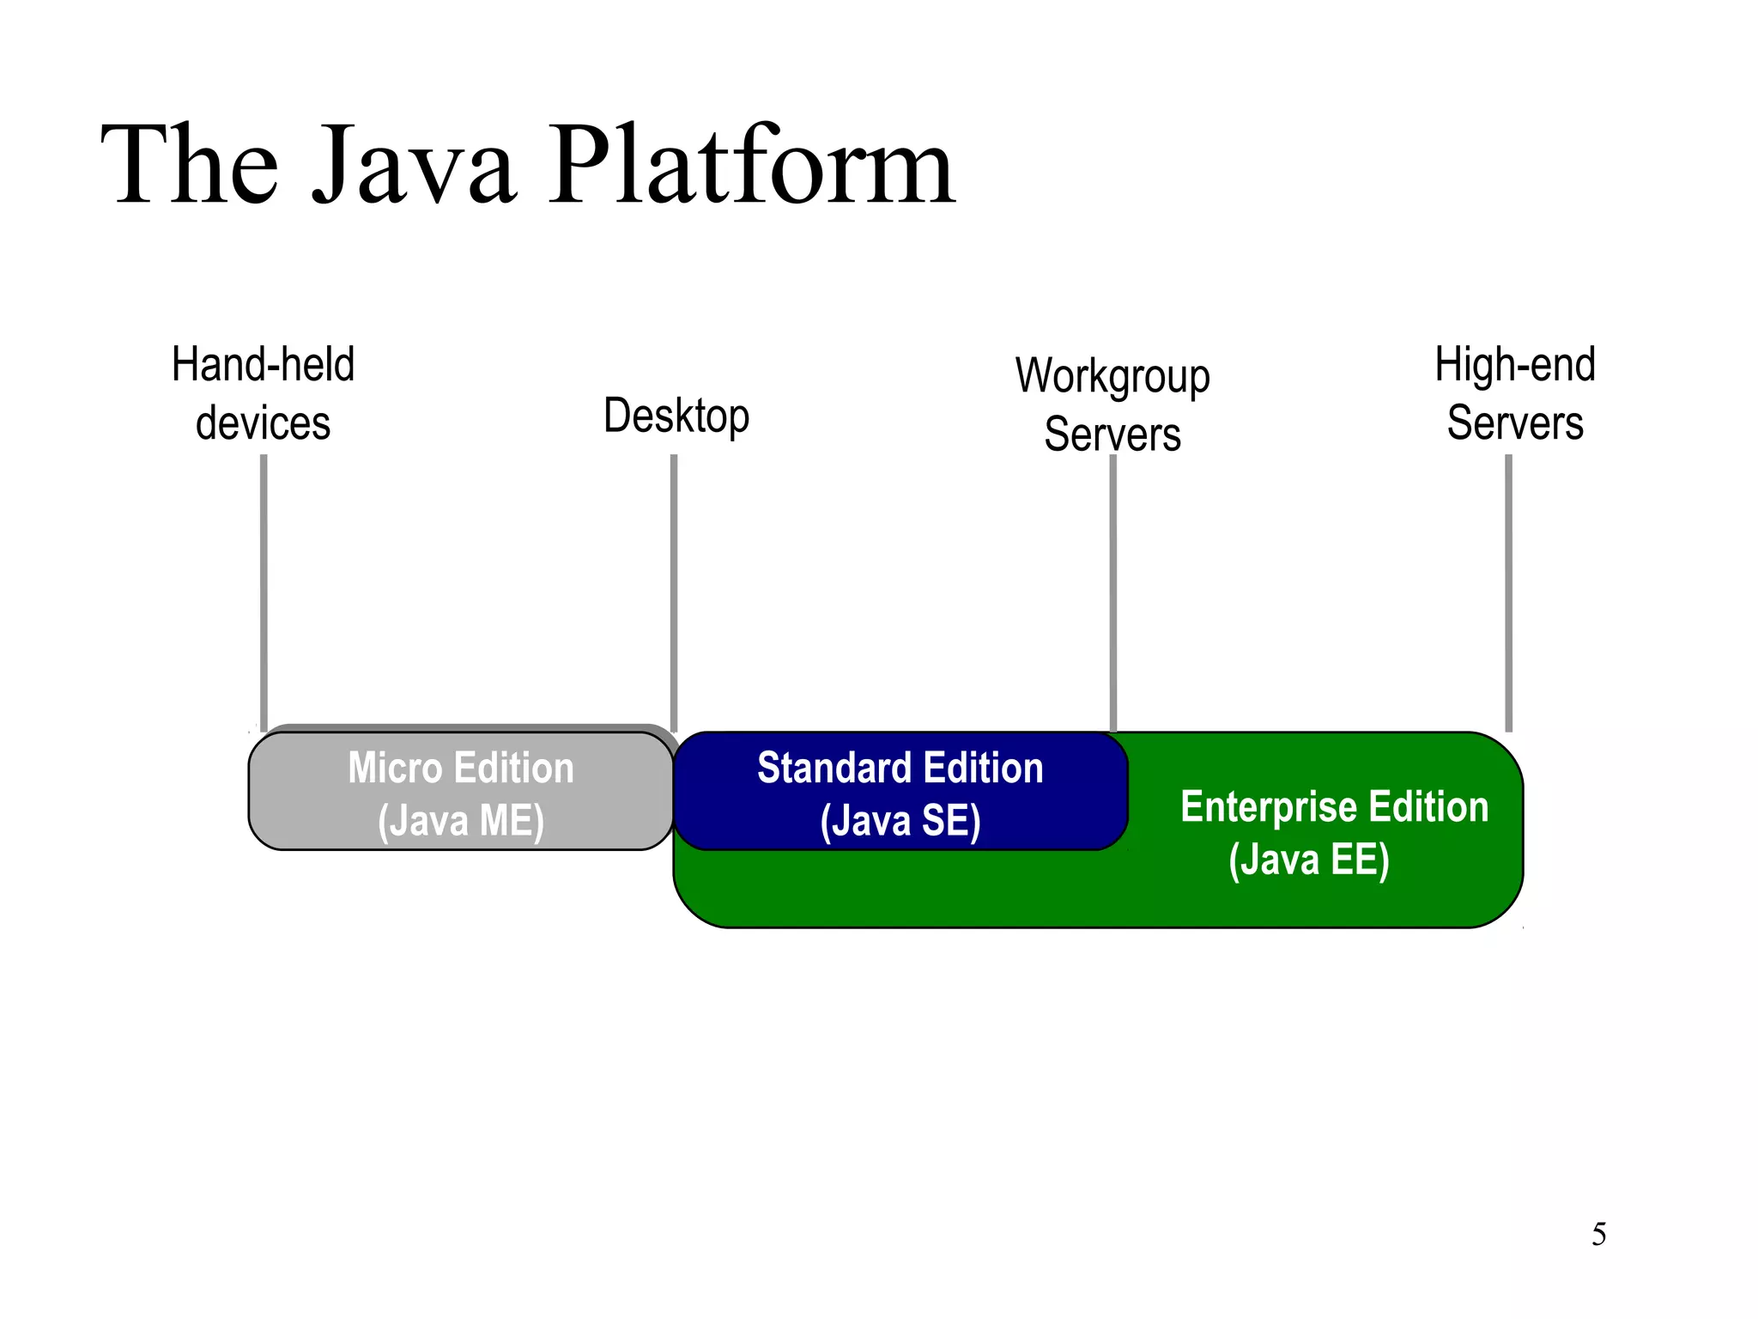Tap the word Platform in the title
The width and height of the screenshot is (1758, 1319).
(x=753, y=164)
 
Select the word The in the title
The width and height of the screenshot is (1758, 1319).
(x=191, y=164)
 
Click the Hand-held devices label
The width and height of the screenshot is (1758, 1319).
(x=263, y=393)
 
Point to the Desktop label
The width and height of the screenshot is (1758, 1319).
(x=676, y=416)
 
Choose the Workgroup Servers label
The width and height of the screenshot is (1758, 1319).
(x=1112, y=404)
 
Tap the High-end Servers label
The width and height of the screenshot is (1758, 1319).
(x=1515, y=393)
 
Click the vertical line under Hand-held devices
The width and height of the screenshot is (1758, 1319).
(x=264, y=593)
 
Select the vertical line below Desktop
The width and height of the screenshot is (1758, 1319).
(x=674, y=593)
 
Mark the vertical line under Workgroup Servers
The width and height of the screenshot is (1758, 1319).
(x=1113, y=593)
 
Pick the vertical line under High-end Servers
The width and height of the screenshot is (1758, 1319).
(x=1508, y=593)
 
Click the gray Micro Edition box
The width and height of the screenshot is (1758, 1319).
(x=461, y=791)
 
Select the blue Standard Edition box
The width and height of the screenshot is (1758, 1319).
(x=900, y=791)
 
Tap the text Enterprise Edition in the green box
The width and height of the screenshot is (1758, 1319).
(x=1335, y=807)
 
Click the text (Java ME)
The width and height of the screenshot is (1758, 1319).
(x=461, y=820)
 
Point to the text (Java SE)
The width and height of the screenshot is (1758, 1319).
(x=900, y=820)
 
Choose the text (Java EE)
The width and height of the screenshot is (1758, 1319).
(x=1309, y=860)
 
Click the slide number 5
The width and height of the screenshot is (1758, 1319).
(x=1598, y=1234)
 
